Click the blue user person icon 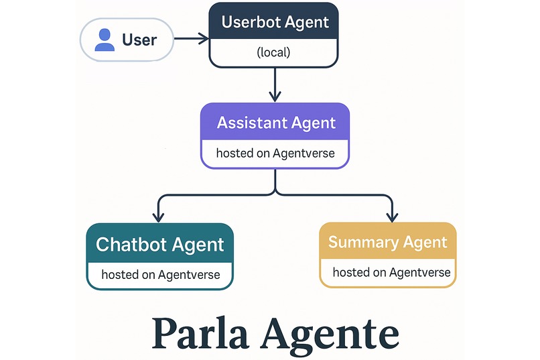(105, 40)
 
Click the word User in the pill (139, 40)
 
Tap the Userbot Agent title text (275, 22)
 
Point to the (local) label (273, 52)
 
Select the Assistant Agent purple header (275, 123)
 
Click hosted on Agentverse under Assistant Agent (275, 154)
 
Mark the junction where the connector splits (275, 193)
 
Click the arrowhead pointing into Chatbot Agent (158, 216)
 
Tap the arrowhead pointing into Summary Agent (391, 216)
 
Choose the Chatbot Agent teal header (159, 244)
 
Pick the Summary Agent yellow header (388, 242)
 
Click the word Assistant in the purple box (252, 123)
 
